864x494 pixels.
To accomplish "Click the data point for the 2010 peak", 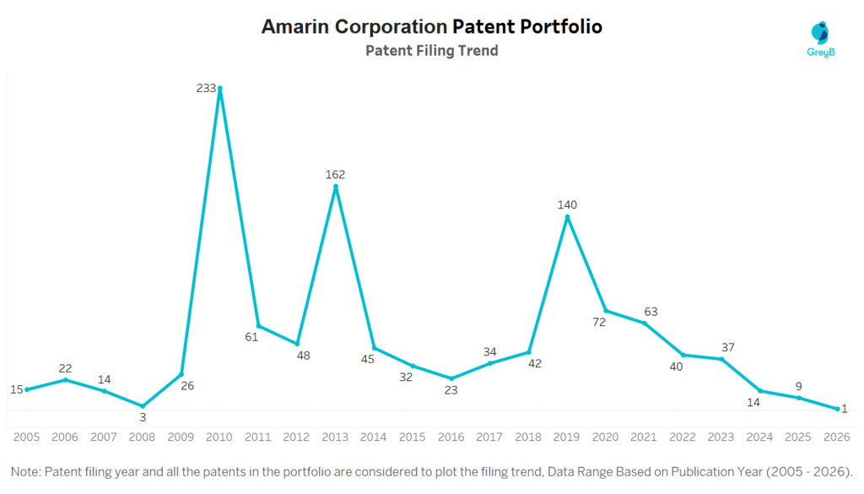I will pos(219,89).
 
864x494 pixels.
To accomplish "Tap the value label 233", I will pos(205,88).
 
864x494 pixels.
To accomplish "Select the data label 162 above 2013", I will pos(335,175).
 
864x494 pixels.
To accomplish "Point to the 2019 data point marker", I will pos(567,217).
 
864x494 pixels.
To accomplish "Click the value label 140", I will pos(567,204).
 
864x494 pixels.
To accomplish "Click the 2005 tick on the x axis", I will pos(27,437).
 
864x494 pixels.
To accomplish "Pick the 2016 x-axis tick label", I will pos(451,437).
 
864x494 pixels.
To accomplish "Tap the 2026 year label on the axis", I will pos(837,437).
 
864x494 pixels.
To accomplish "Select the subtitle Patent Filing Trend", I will pos(431,51).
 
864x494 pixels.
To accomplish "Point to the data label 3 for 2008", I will pos(143,417).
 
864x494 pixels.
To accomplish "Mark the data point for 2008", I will pos(143,405).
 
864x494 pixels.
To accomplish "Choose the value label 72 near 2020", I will pos(599,322).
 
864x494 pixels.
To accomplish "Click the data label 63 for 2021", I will pos(650,312).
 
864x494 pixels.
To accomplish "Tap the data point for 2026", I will pos(837,409).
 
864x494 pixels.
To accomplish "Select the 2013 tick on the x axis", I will pos(335,437).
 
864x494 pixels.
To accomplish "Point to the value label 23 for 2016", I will pos(451,390).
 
